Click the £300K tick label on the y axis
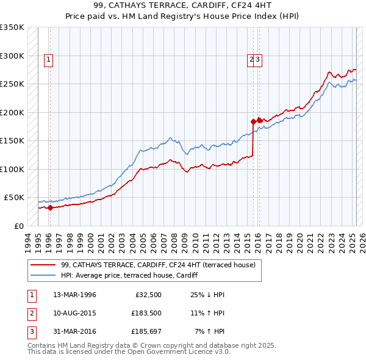coord(12,56)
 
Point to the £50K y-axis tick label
coord(14,198)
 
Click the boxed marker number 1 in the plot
coord(48,60)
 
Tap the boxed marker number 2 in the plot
coord(251,60)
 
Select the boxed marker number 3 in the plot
coord(258,60)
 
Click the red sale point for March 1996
coord(50,207)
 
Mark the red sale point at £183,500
coord(253,121)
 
